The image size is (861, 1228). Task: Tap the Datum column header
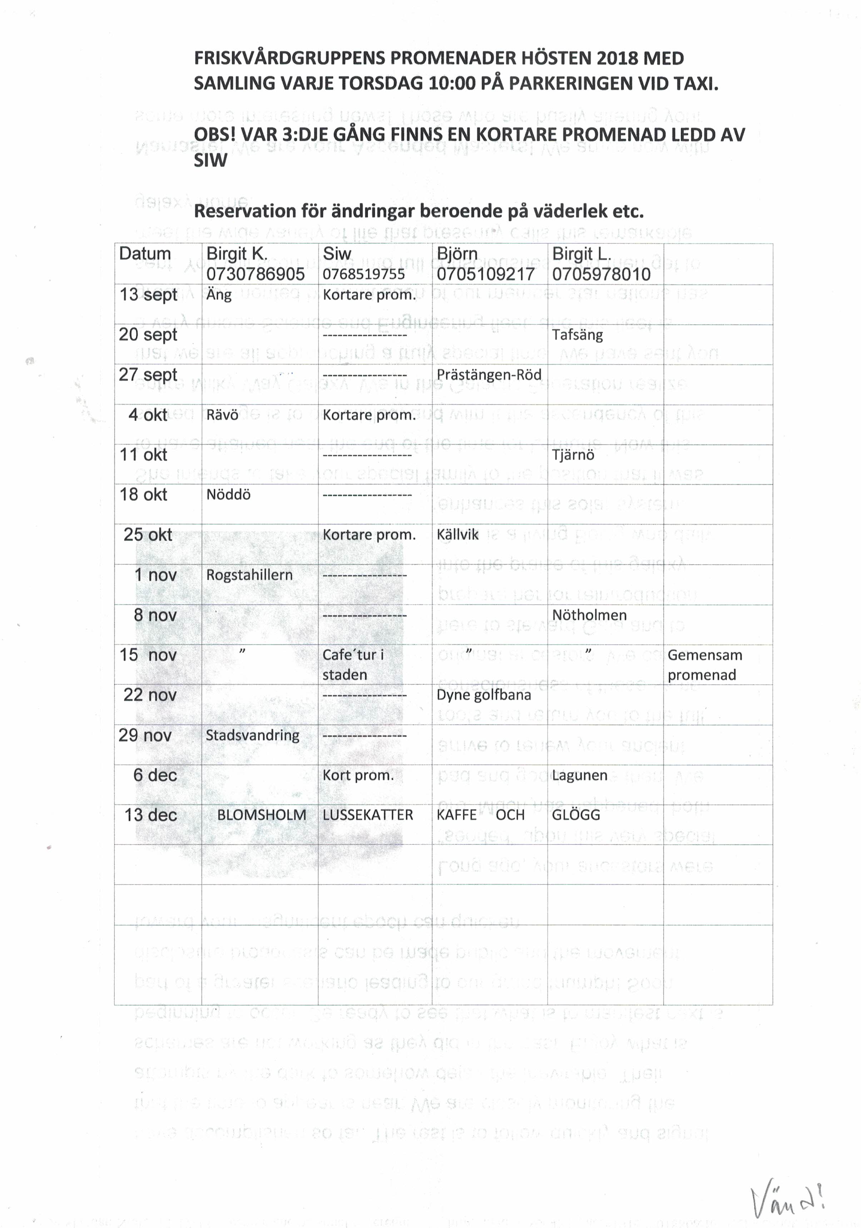tap(144, 253)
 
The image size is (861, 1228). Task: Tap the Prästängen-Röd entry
tap(489, 375)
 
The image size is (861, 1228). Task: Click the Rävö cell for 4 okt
tap(222, 415)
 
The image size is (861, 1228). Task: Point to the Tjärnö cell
tap(573, 455)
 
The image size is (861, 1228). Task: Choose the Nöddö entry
tap(228, 495)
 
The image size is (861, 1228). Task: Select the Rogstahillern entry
tap(249, 575)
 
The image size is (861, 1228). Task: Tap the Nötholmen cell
tap(589, 615)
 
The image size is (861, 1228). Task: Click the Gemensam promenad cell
tap(704, 665)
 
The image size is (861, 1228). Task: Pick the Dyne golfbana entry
tap(484, 695)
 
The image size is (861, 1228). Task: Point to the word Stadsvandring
tap(252, 735)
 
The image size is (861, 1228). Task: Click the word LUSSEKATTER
tap(367, 815)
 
